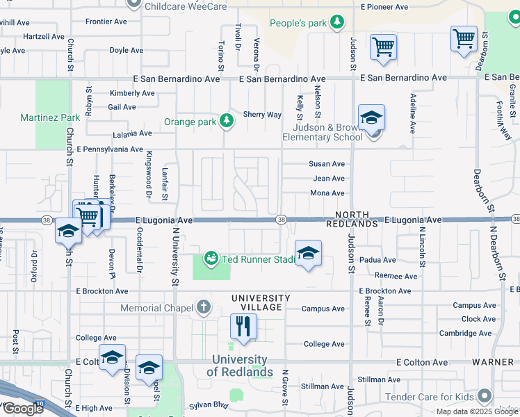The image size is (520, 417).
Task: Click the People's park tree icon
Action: (x=336, y=23)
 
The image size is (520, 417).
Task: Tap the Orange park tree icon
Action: (x=226, y=122)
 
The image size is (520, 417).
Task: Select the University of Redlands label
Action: (x=239, y=366)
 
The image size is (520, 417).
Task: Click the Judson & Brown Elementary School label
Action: (x=322, y=132)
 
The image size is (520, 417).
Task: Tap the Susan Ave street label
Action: (x=327, y=164)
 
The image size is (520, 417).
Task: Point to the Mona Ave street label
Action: (x=327, y=193)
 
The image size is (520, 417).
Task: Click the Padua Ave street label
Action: (x=379, y=260)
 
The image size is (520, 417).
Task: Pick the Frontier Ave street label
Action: (x=106, y=22)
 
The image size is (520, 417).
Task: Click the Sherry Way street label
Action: (x=262, y=115)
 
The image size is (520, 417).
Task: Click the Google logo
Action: (x=22, y=408)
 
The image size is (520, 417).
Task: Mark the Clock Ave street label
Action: (x=478, y=319)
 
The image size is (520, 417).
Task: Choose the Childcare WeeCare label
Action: (x=184, y=6)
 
